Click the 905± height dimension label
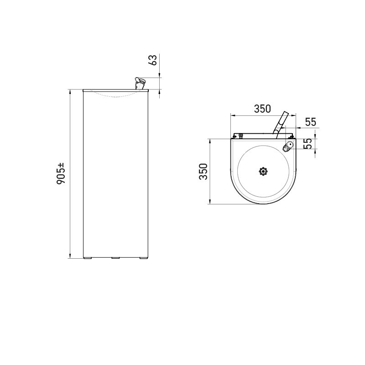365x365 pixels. tap(62, 174)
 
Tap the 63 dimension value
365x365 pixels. tap(154, 60)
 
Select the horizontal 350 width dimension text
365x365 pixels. tap(262, 109)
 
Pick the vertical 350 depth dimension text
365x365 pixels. tap(203, 171)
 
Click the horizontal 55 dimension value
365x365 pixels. tap(311, 122)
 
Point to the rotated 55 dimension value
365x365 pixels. tap(308, 144)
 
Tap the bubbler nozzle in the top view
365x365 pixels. tap(288, 146)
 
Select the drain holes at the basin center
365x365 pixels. tap(263, 171)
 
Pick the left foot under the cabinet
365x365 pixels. tap(88, 259)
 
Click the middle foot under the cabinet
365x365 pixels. tap(115, 259)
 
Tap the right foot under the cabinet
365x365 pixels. tap(144, 259)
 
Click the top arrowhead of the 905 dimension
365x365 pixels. tap(70, 92)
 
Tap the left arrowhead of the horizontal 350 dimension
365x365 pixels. tap(232, 115)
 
